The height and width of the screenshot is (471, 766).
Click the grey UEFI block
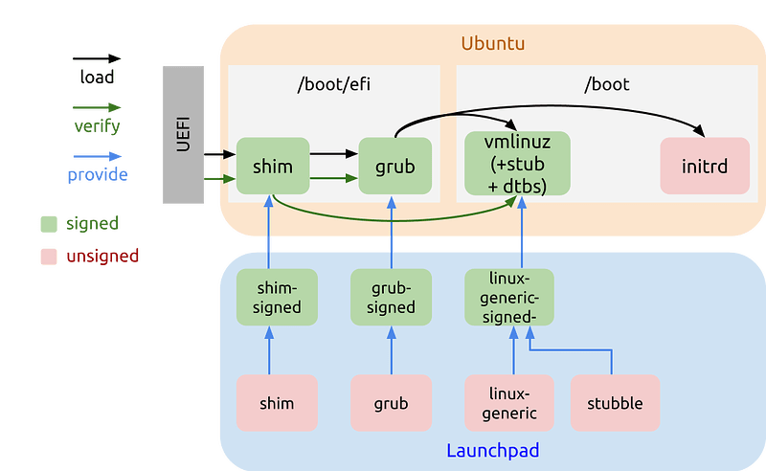pyautogui.click(x=184, y=135)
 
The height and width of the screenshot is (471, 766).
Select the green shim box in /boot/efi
pyautogui.click(x=274, y=166)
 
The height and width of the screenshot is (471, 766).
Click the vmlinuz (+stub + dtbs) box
pyautogui.click(x=516, y=164)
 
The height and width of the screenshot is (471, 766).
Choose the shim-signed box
pyautogui.click(x=269, y=297)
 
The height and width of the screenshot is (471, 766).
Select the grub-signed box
pyautogui.click(x=391, y=297)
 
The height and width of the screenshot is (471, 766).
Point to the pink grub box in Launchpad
pyautogui.click(x=391, y=403)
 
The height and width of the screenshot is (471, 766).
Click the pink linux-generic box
pyautogui.click(x=509, y=403)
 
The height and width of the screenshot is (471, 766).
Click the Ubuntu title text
pyautogui.click(x=492, y=44)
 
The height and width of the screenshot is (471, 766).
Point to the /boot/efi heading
pyautogui.click(x=333, y=84)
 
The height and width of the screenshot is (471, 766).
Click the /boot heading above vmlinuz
pyautogui.click(x=606, y=84)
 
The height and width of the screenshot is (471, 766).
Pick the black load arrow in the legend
pyautogui.click(x=99, y=59)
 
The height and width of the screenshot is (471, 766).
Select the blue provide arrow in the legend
pyautogui.click(x=99, y=156)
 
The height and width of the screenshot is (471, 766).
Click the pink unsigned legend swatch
pyautogui.click(x=49, y=257)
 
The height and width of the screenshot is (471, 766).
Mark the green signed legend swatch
pyautogui.click(x=49, y=224)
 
